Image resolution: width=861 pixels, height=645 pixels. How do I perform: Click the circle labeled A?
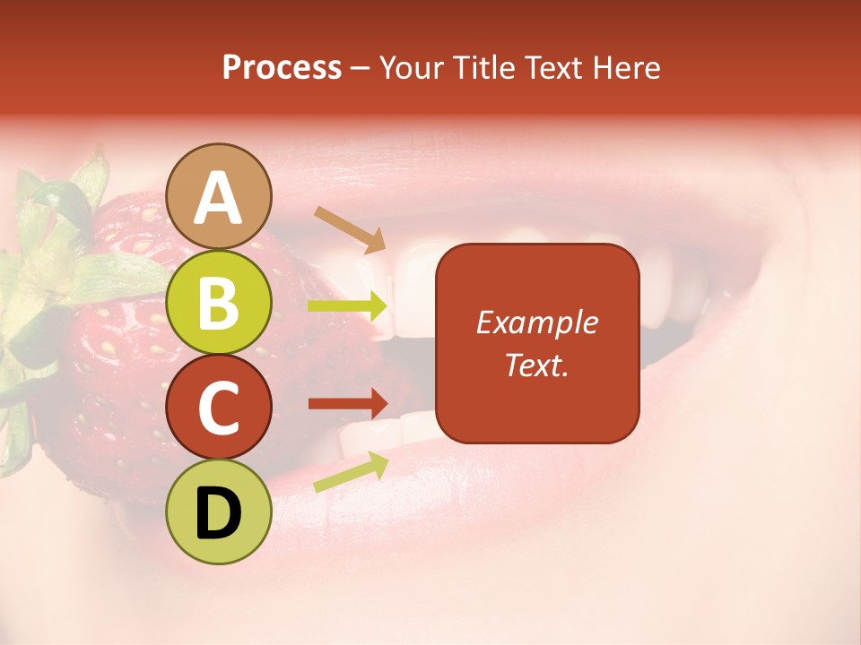click(x=219, y=196)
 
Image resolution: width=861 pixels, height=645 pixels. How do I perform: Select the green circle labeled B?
click(x=219, y=302)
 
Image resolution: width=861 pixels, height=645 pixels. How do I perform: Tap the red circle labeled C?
click(x=219, y=407)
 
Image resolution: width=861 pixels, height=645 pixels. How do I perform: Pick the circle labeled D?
click(x=219, y=512)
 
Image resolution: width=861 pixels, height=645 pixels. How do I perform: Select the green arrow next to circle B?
click(x=347, y=306)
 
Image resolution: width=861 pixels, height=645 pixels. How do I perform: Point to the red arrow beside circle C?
click(x=347, y=403)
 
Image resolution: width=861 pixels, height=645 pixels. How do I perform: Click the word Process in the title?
click(x=282, y=68)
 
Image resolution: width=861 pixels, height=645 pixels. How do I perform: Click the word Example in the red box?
click(x=536, y=322)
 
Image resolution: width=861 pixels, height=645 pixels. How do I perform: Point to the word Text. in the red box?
click(x=536, y=365)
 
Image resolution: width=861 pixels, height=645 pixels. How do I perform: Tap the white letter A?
click(x=219, y=198)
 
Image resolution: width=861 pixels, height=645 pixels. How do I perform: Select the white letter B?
click(x=219, y=302)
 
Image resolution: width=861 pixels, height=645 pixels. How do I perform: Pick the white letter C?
click(x=219, y=408)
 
